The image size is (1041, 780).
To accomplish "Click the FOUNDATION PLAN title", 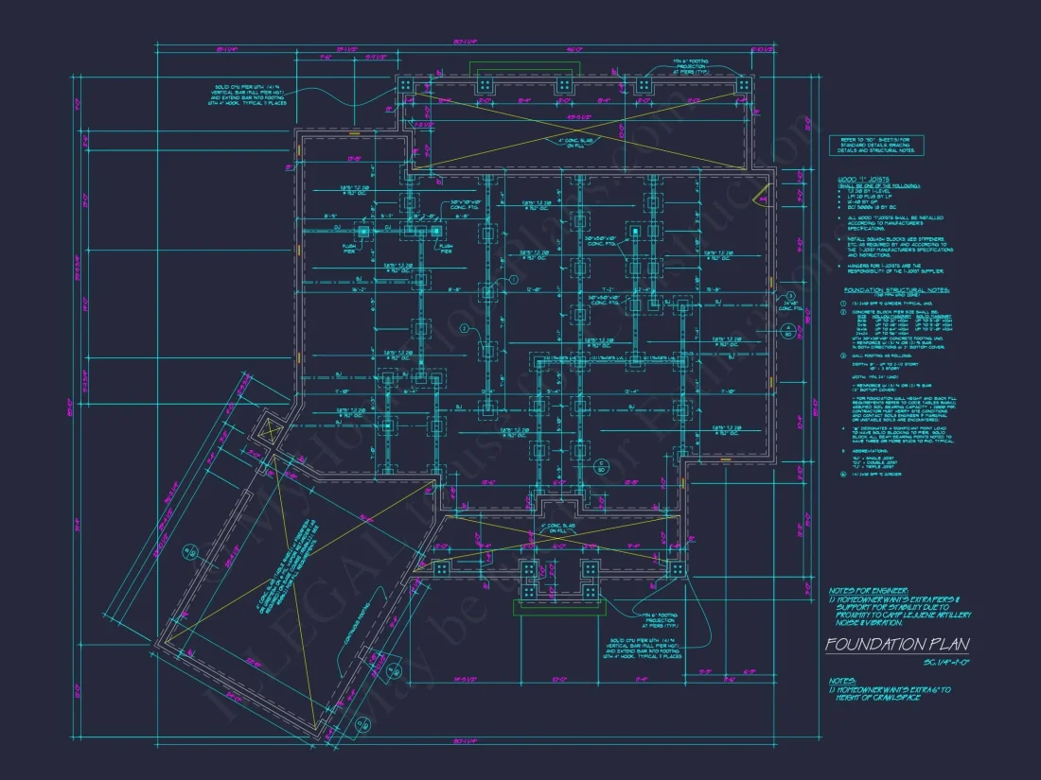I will tap(896, 645).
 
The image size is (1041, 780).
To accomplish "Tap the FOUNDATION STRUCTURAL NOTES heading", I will tap(896, 290).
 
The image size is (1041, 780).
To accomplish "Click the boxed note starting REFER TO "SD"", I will tap(873, 144).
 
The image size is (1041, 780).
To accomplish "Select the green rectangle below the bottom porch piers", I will tap(558, 606).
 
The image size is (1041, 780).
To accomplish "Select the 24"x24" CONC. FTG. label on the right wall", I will tap(788, 305).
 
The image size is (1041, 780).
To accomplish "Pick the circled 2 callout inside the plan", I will tap(465, 328).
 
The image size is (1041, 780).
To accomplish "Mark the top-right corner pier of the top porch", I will tap(744, 85).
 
